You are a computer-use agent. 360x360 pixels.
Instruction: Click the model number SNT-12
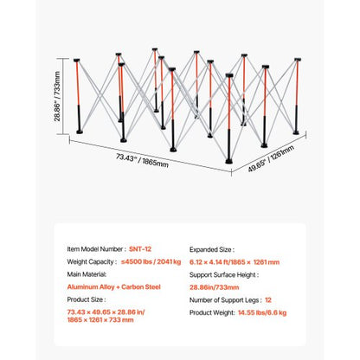tap(140, 249)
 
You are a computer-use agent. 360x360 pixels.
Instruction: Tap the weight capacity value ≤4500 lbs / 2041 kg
tap(151, 261)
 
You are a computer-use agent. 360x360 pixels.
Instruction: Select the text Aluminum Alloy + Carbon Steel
tap(113, 287)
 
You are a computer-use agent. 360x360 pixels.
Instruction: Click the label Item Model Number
tap(96, 249)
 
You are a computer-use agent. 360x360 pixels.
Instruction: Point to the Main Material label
tap(87, 274)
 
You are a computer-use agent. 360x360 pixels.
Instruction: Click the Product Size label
tap(87, 299)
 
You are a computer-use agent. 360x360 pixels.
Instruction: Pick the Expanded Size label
tap(212, 249)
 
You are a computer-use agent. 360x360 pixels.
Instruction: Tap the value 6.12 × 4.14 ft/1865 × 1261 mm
tap(235, 262)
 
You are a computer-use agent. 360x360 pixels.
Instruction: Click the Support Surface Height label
tap(224, 275)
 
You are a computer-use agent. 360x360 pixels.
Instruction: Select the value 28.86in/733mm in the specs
tap(215, 287)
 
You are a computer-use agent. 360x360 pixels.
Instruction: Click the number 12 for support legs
tap(268, 300)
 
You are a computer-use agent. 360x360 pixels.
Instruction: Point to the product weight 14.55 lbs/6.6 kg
tap(262, 312)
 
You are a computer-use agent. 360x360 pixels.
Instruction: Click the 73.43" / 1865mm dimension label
tap(142, 160)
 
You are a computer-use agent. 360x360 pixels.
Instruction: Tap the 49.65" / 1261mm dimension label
tap(271, 158)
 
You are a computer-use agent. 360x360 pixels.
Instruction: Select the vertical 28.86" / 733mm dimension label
tap(57, 96)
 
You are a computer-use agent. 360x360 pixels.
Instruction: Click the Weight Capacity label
tap(92, 261)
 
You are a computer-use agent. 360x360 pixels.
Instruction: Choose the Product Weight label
tap(212, 312)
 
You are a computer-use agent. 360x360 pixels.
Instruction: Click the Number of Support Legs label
tap(226, 300)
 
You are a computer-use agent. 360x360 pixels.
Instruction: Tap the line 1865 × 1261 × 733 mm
tap(100, 320)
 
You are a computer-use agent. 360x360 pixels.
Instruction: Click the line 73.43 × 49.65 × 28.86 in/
tap(106, 312)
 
